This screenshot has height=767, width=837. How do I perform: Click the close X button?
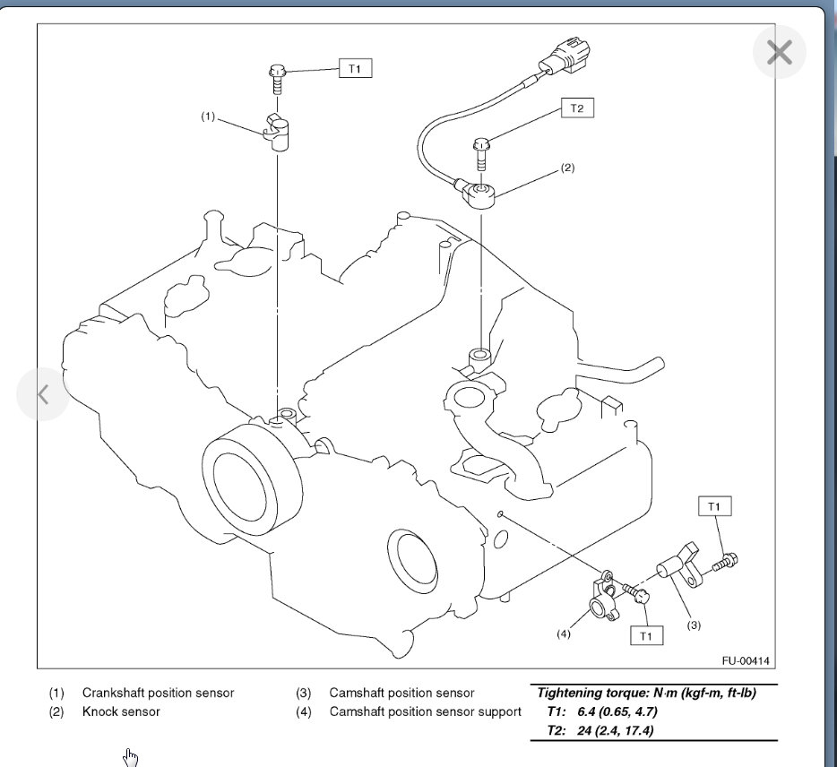coord(779,52)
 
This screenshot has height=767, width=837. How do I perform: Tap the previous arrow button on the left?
coord(43,394)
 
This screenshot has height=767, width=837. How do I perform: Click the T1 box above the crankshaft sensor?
coord(355,69)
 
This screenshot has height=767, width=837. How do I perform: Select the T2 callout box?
coord(577,108)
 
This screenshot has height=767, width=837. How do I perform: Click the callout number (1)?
coord(208,116)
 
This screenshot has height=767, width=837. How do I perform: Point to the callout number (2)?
coord(566,168)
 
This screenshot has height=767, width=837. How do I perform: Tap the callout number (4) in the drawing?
coord(563,633)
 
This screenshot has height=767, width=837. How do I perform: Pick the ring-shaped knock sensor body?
coord(482,192)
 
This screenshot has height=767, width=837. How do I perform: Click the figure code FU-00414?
coord(745,661)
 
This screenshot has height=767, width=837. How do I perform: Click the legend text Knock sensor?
coord(121,711)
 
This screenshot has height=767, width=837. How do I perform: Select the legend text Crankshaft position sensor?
coord(158,693)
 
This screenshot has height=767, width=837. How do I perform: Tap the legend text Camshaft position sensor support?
coord(425,711)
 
